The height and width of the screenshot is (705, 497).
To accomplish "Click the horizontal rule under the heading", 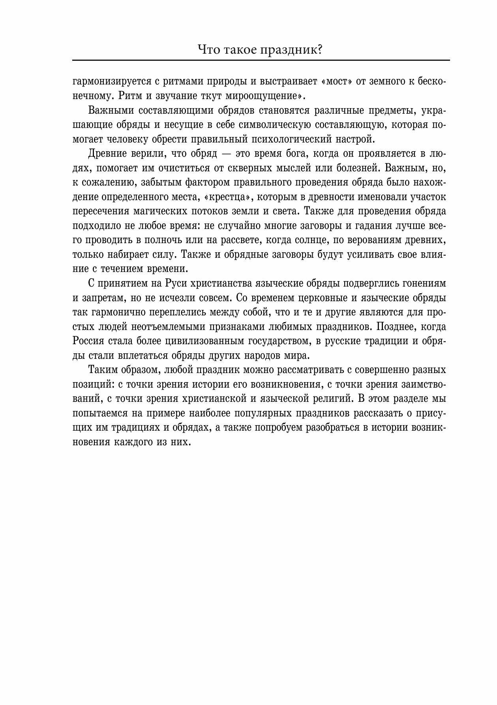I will coord(261,60).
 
